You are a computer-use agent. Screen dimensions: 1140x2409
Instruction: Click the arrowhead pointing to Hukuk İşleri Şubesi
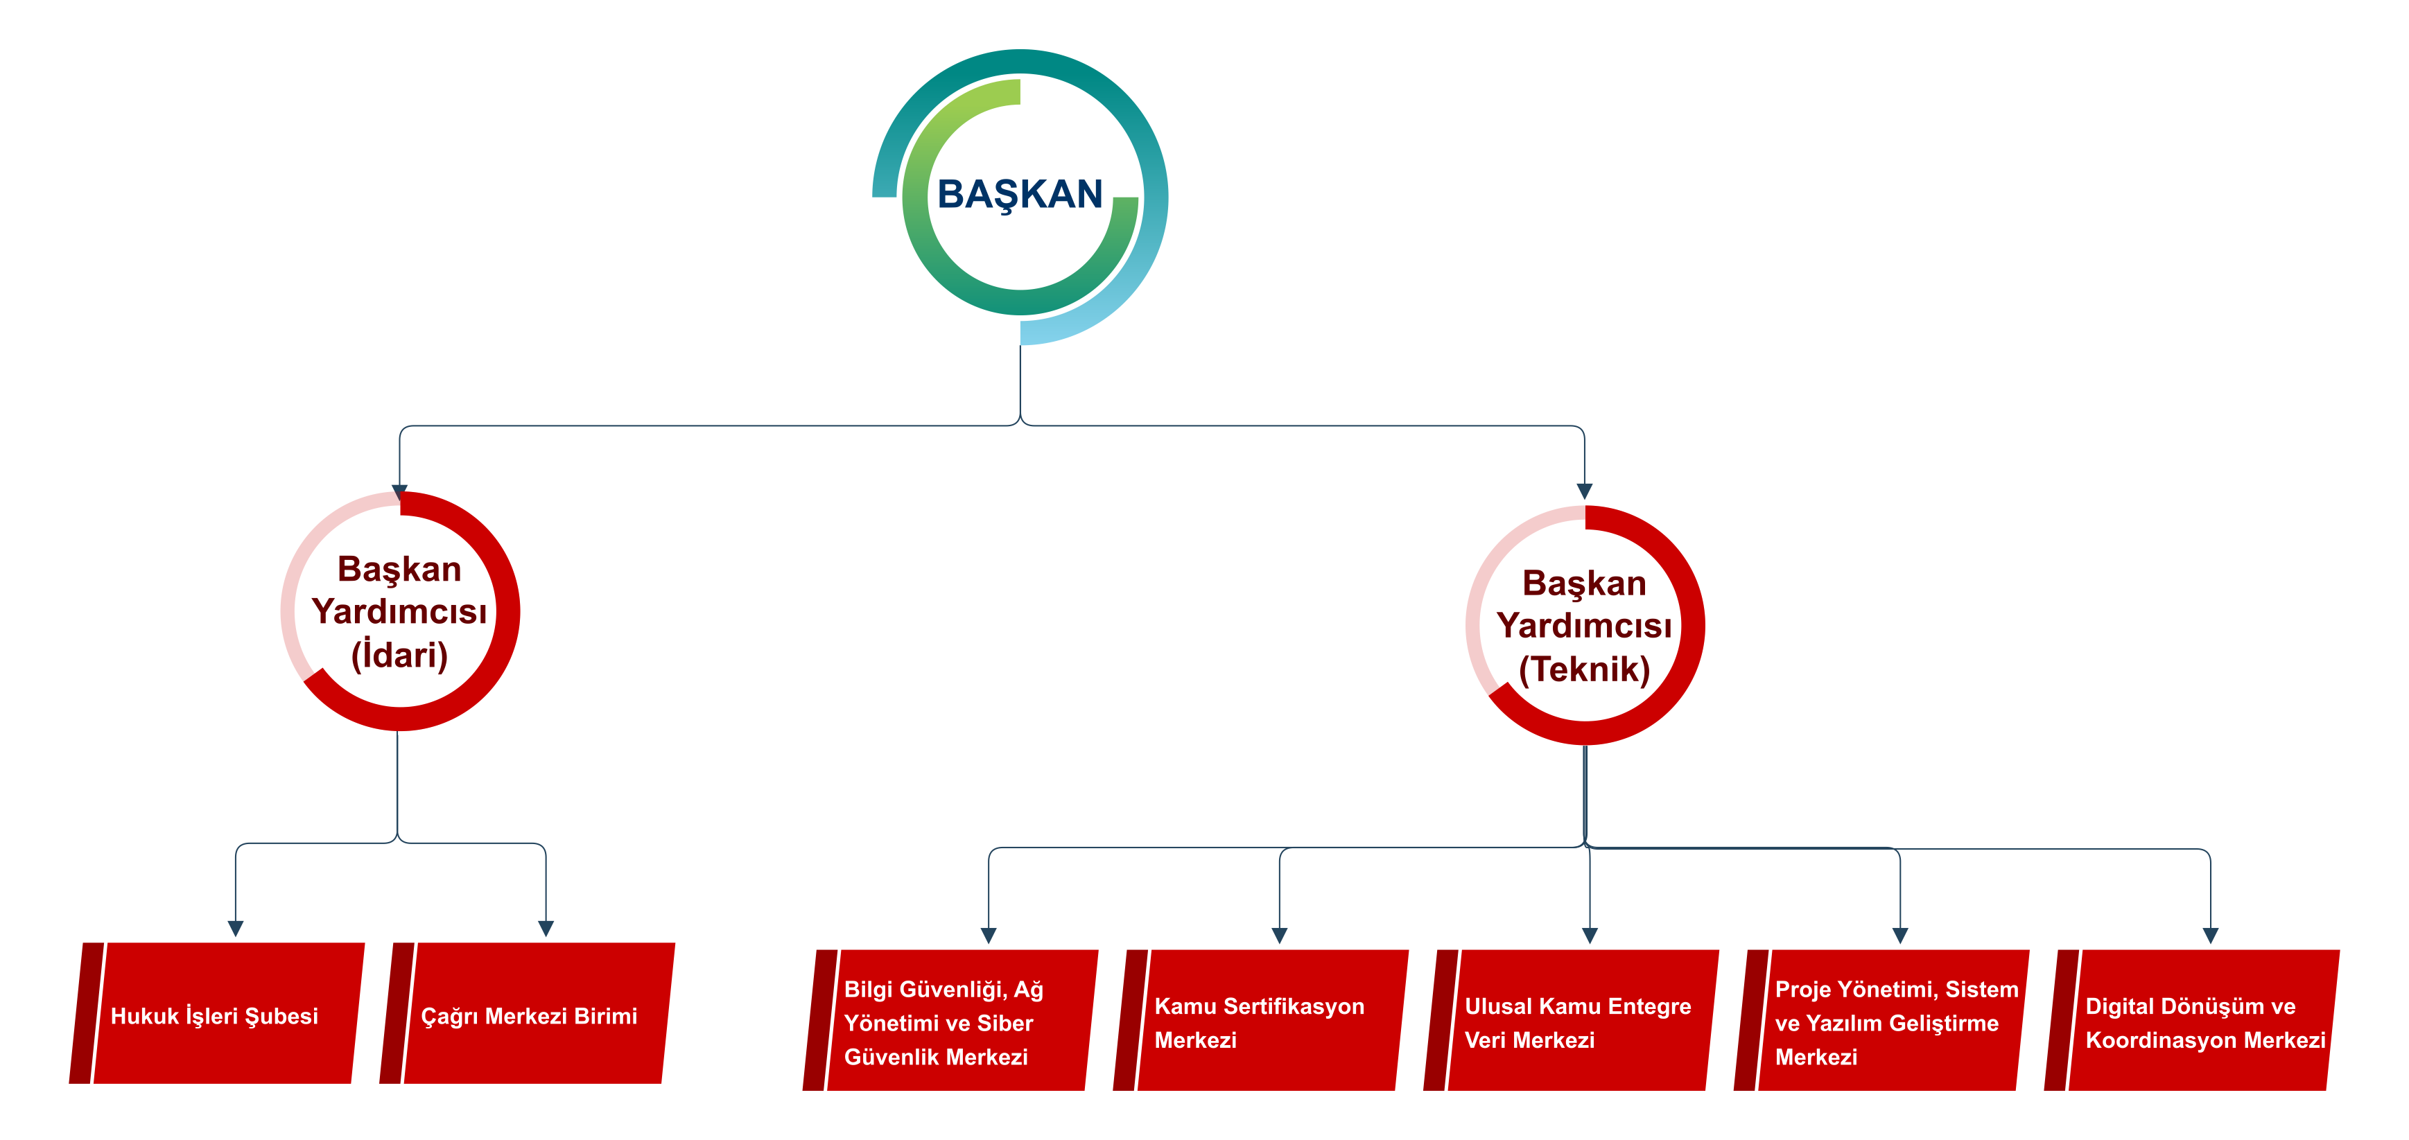(x=236, y=928)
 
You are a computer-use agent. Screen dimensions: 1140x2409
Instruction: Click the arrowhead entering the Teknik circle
(x=1584, y=491)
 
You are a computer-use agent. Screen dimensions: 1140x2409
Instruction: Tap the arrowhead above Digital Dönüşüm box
(x=2211, y=935)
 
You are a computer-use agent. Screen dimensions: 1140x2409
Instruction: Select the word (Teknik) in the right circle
(x=1584, y=669)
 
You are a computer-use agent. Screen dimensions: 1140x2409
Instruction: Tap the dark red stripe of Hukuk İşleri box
(x=86, y=1012)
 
